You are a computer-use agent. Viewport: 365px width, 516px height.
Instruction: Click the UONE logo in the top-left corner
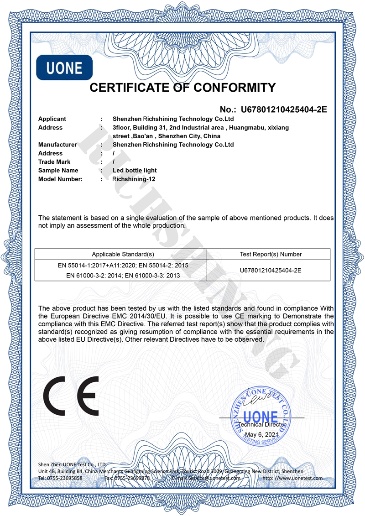point(64,68)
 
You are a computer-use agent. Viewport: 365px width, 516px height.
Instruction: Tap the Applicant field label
point(52,119)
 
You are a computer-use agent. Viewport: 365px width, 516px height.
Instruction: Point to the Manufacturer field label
point(57,145)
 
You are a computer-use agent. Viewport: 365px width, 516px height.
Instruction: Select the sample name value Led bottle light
point(135,171)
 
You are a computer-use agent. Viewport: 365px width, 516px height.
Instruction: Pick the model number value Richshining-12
point(134,179)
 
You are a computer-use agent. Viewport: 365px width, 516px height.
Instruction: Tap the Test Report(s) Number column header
point(271,254)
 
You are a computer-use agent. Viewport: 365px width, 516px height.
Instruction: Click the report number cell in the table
point(271,271)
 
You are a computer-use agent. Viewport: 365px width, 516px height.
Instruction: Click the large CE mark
point(71,396)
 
